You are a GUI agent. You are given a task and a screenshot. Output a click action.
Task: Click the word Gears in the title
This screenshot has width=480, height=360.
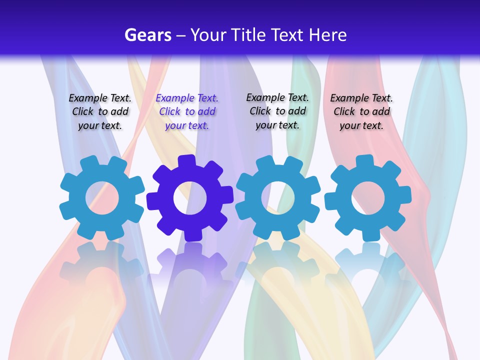coord(147,35)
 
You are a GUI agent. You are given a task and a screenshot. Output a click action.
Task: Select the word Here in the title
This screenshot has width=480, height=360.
coord(327,35)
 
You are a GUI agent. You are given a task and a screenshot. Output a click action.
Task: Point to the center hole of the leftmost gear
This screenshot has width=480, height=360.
coord(102,198)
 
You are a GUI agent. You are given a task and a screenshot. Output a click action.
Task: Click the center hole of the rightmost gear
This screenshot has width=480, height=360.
coord(368,197)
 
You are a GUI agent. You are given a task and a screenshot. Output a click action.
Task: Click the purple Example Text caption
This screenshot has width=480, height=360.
coord(187,112)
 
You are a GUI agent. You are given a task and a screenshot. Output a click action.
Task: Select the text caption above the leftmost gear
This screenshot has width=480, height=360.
coord(100,112)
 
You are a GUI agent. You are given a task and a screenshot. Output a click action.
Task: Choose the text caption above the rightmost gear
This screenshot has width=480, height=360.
coord(361,112)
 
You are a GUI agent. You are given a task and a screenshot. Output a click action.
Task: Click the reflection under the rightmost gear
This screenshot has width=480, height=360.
coord(368,262)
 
